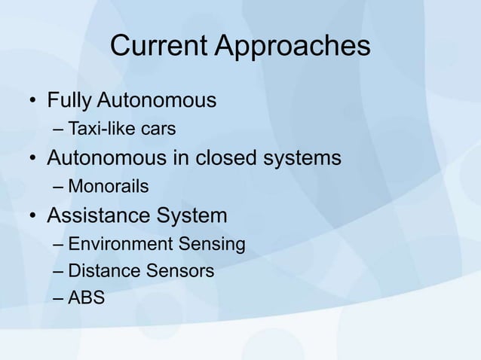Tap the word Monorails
[109, 186]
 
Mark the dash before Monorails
[59, 187]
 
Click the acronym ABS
[87, 298]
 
